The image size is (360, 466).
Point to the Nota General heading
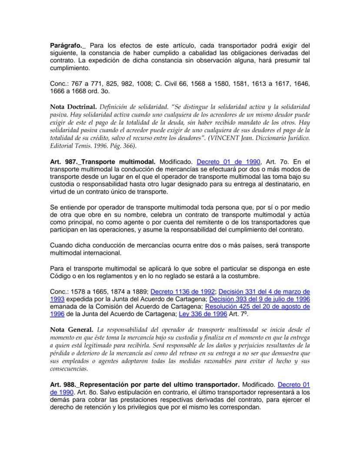click(71, 330)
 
